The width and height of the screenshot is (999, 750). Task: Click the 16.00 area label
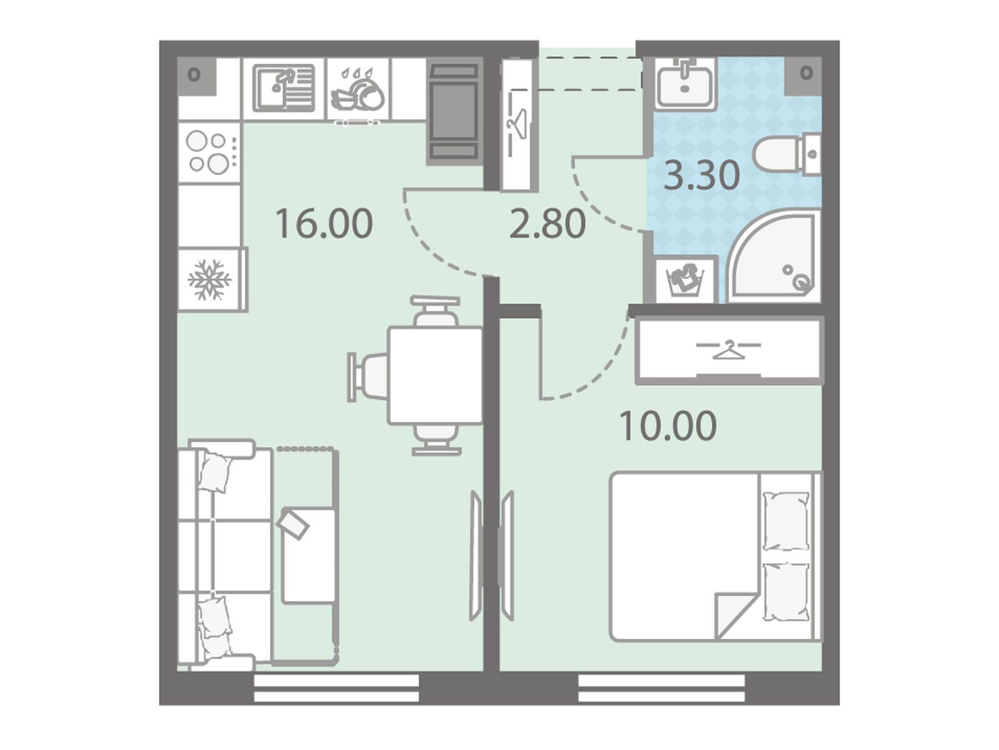pyautogui.click(x=324, y=223)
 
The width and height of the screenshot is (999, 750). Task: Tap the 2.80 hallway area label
pyautogui.click(x=547, y=223)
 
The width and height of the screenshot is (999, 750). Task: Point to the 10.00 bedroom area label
pyautogui.click(x=668, y=426)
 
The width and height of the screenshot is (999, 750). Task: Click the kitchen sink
pyautogui.click(x=284, y=88)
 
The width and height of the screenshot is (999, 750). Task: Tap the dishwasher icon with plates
pyautogui.click(x=358, y=89)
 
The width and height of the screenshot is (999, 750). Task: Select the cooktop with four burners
pyautogui.click(x=209, y=152)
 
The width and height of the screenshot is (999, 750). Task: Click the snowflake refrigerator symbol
pyautogui.click(x=210, y=279)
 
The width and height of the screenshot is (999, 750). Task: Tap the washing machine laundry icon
pyautogui.click(x=685, y=281)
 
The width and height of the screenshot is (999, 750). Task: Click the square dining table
pyautogui.click(x=435, y=376)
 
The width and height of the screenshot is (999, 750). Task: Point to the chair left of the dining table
pyautogui.click(x=368, y=376)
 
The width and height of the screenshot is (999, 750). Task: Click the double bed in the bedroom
pyautogui.click(x=715, y=557)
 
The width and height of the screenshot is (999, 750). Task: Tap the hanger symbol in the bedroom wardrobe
pyautogui.click(x=728, y=349)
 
